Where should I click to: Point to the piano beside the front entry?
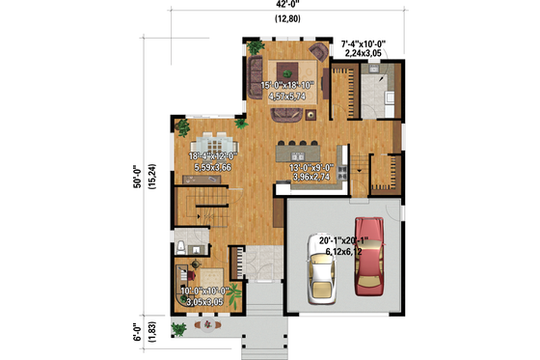[x=236, y=263]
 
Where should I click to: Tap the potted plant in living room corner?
[x=256, y=46]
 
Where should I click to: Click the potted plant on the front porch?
[x=178, y=328]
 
